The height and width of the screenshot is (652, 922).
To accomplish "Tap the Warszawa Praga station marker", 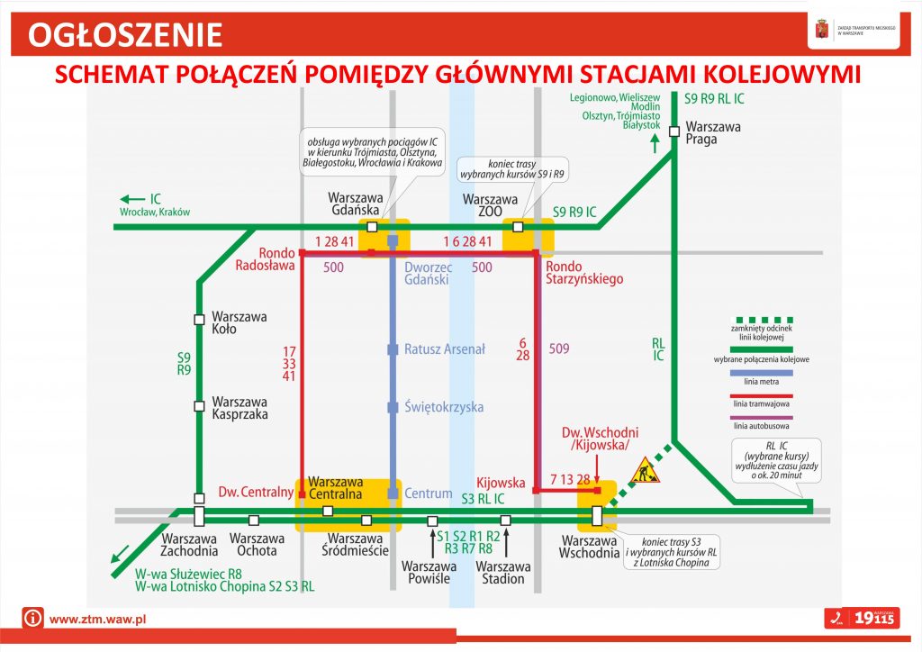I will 674,132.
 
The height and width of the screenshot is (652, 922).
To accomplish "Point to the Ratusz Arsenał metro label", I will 445,349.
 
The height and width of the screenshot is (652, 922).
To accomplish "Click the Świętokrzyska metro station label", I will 445,407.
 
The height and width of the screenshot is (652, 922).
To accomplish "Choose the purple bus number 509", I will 559,349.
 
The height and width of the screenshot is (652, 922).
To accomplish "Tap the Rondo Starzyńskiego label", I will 584,273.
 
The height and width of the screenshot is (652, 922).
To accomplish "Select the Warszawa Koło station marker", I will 199,319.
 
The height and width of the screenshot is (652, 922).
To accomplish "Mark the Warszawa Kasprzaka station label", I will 239,408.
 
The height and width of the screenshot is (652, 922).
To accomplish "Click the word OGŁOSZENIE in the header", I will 125,34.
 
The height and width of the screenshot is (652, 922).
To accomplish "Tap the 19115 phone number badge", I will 863,619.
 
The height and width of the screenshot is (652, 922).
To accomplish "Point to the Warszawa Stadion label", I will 502,573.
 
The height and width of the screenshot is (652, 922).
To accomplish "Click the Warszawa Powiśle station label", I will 429,573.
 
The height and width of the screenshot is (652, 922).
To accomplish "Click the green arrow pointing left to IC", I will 132,199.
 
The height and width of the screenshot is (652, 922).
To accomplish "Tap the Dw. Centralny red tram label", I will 257,493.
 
